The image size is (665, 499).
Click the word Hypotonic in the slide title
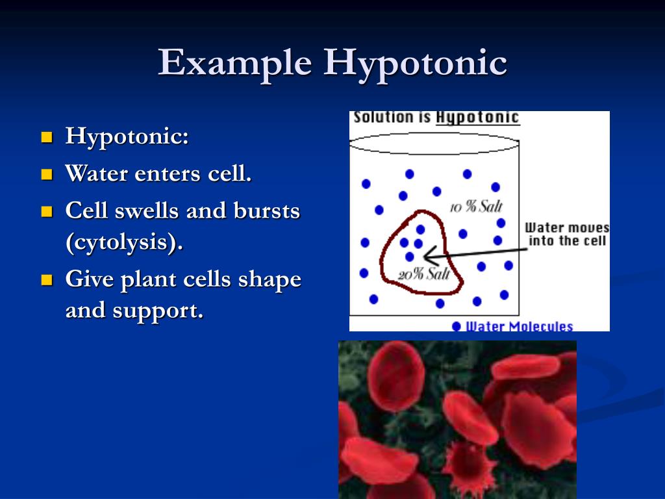tap(416, 64)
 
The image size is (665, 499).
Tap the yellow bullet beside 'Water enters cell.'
tap(46, 174)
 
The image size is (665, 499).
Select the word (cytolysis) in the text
tap(123, 242)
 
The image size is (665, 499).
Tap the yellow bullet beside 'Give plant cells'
tap(46, 280)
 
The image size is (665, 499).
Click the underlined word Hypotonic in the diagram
tap(477, 118)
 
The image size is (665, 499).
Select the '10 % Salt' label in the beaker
tap(477, 207)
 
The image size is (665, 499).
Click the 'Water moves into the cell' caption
tap(567, 235)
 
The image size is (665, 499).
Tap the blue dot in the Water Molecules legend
tap(457, 326)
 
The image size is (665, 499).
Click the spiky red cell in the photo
tap(469, 463)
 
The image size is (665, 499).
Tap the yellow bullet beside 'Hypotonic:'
tap(46, 137)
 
